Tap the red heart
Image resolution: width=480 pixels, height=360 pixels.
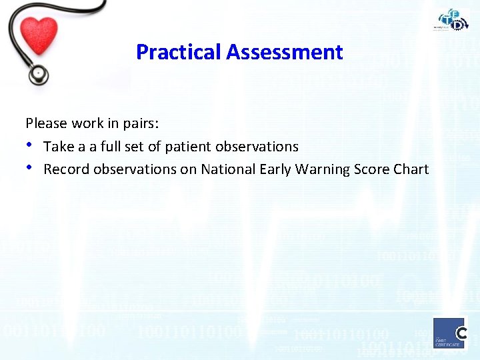coord(38,34)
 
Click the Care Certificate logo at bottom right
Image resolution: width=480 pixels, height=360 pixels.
coord(450,333)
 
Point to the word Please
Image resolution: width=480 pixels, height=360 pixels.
coord(46,123)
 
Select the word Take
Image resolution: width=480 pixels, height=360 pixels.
coord(59,146)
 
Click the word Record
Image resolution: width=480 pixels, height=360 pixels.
coord(66,169)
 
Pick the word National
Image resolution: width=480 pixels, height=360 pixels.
coord(226,169)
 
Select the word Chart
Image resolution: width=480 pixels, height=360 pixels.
coord(411,169)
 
